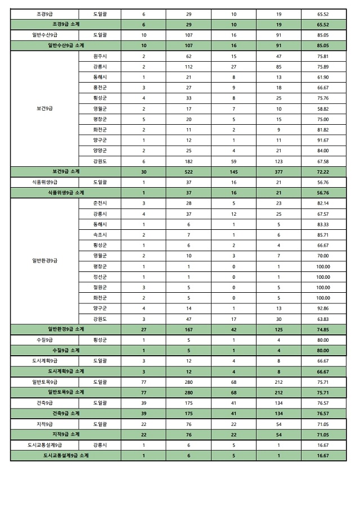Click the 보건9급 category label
(44, 108)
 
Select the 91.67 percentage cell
(323, 140)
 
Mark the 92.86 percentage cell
(323, 308)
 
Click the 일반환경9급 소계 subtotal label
(66, 329)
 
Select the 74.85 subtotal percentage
(323, 329)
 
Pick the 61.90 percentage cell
(323, 77)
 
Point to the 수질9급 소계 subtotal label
(66, 350)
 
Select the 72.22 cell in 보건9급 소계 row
(323, 171)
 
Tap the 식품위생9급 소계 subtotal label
(66, 192)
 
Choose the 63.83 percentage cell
(323, 319)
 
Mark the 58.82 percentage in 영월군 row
(323, 108)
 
